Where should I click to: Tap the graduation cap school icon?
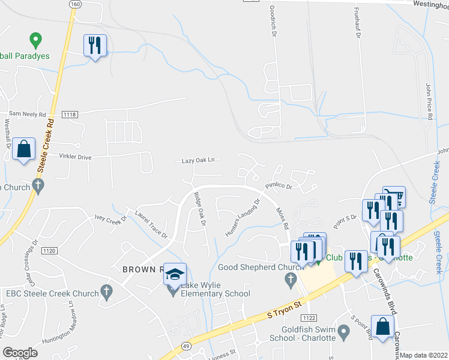(175, 275)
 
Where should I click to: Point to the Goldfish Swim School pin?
(343, 331)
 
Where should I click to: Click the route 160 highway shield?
(75, 4)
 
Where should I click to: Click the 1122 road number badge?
(309, 317)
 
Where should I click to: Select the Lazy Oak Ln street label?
(197, 161)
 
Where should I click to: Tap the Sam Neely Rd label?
(27, 114)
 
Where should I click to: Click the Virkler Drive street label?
(75, 157)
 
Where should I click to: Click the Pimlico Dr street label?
(279, 187)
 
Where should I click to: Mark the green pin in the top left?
(35, 41)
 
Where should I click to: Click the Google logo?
(20, 353)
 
